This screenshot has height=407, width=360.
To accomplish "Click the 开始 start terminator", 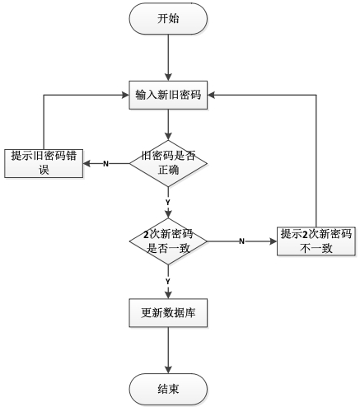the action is pos(168,19).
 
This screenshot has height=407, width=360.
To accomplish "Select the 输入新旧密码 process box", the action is pos(168,95).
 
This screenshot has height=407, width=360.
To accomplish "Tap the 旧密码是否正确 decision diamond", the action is pos(168,164).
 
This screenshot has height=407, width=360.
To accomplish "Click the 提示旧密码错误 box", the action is pos(44,163).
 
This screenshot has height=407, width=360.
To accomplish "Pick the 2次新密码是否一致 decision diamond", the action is pos(168,241).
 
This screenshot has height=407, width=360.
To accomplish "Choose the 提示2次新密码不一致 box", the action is pos(316,241).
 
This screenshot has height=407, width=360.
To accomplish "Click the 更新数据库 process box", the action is pos(168,313).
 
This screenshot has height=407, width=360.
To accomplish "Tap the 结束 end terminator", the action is pos(168,390).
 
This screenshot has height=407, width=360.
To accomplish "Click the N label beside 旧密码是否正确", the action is pos(105,164).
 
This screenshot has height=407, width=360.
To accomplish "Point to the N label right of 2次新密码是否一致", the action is pos(241,241).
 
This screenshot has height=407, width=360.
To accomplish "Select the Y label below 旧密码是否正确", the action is pos(168,203).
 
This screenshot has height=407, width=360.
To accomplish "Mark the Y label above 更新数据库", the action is pos(168,282).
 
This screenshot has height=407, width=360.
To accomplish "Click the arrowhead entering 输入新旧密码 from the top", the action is pos(168,77).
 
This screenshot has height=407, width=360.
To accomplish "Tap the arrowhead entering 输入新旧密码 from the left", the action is pos(125,95).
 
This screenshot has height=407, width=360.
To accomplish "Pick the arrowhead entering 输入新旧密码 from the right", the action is pos(211,95).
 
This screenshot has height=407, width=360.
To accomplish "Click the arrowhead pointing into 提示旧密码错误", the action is pos(86,164).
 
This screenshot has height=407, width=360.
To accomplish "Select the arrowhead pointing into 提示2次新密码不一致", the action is pos(273,241).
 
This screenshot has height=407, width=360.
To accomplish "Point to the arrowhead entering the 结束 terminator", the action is pos(168,370).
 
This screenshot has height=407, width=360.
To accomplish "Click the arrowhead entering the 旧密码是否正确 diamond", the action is pos(168,137).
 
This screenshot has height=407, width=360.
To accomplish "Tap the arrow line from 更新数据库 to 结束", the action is pos(168,350).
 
